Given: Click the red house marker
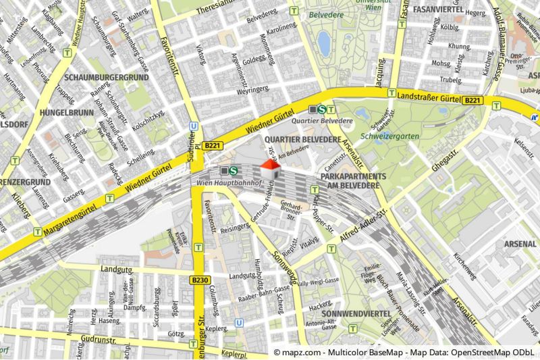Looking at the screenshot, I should (270, 169).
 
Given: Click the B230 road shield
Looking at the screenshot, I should (199, 280).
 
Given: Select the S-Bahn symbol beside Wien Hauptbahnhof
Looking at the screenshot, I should (233, 172).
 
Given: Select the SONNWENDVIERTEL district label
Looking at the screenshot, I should (356, 315).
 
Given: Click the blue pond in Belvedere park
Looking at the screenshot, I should (324, 44).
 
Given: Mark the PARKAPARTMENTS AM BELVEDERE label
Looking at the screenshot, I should (352, 180).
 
